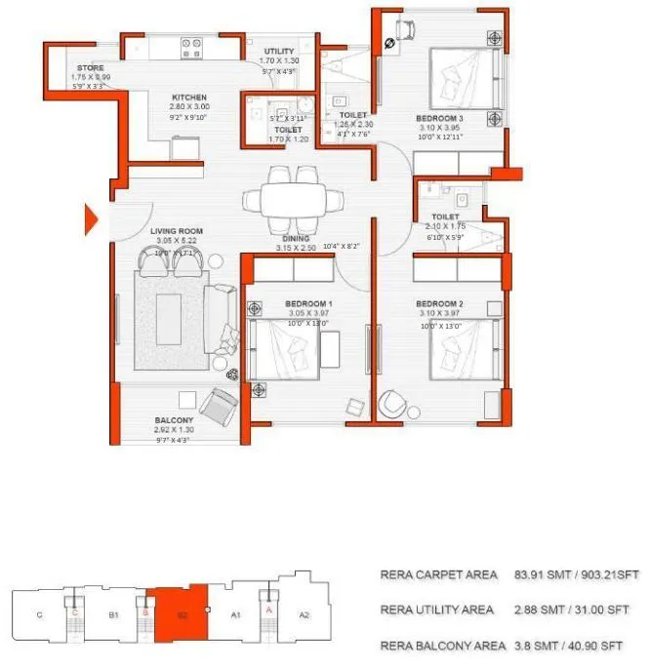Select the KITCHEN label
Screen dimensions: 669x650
pos(188,98)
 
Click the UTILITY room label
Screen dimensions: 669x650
pos(278,52)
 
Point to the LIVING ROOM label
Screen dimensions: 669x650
pos(176,231)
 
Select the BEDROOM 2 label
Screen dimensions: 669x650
pos(438,304)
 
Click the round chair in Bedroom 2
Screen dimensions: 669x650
pos(395,402)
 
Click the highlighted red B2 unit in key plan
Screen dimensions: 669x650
pos(181,613)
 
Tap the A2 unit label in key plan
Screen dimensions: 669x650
pos(304,615)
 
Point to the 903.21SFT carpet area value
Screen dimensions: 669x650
pos(604,576)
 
